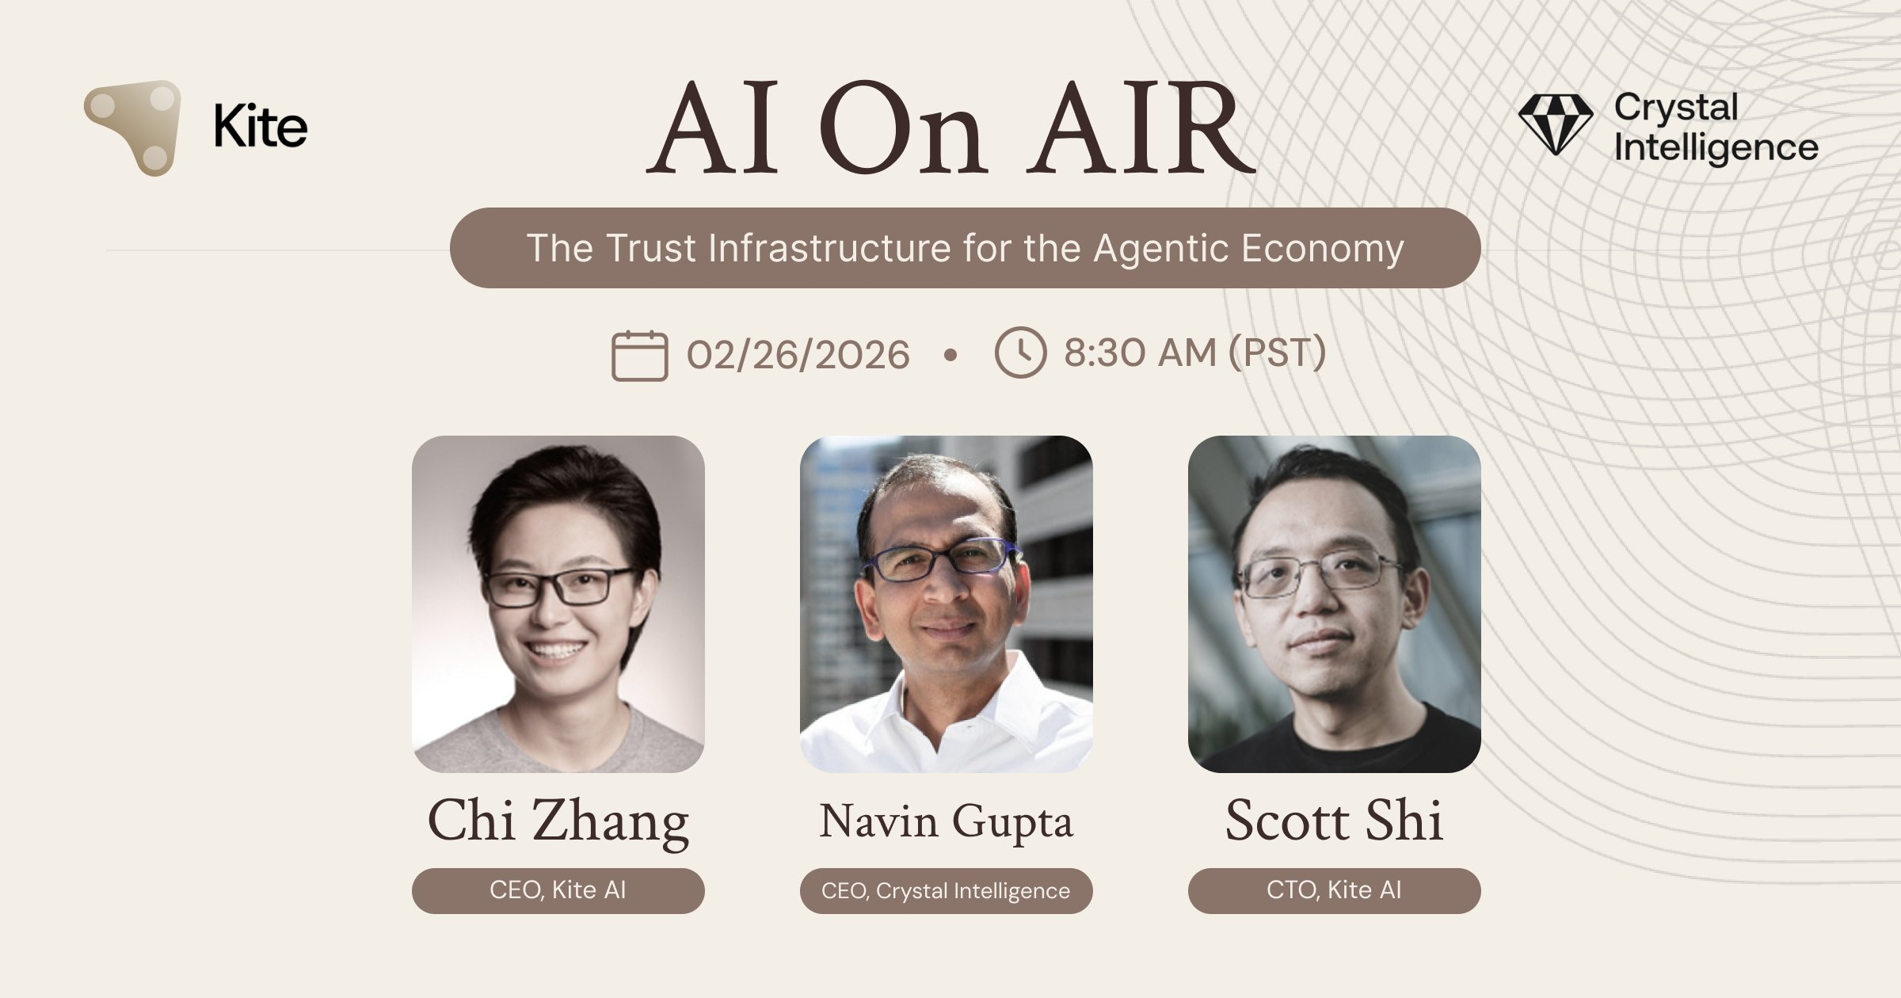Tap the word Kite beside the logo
point(261,127)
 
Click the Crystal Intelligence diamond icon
point(1555,124)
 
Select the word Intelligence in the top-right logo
point(1716,148)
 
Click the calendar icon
point(639,356)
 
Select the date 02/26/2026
point(798,354)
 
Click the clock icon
point(1020,352)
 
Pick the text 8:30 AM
point(1139,352)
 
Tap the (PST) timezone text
point(1277,352)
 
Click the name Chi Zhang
point(558,821)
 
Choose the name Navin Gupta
point(946,821)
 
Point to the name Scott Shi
point(1334,821)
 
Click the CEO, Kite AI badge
point(558,890)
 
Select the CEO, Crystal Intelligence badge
point(946,890)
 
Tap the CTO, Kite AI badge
point(1334,890)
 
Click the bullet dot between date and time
point(950,355)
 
